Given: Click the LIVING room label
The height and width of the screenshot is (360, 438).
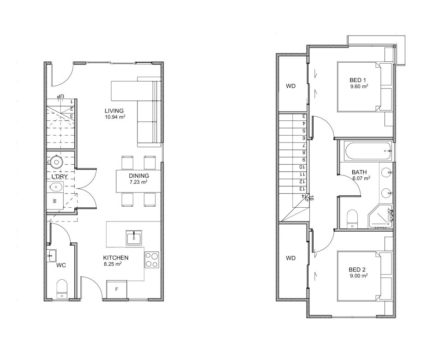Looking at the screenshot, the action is pyautogui.click(x=114, y=111).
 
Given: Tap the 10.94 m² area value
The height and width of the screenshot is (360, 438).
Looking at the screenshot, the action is pyautogui.click(x=115, y=117).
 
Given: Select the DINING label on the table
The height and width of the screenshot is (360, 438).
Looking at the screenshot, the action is pyautogui.click(x=139, y=176).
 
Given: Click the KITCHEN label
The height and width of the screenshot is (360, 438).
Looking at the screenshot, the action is pyautogui.click(x=116, y=258).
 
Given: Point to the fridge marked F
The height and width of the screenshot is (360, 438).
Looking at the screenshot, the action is pyautogui.click(x=117, y=290).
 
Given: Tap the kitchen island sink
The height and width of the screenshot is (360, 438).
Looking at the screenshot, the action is pyautogui.click(x=134, y=238).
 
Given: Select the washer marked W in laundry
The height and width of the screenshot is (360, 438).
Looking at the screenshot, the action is pyautogui.click(x=55, y=201).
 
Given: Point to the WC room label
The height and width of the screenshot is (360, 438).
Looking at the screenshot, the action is pyautogui.click(x=61, y=265).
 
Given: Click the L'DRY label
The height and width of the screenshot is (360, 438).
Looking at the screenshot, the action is pyautogui.click(x=59, y=176).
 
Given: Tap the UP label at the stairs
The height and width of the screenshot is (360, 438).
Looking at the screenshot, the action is pyautogui.click(x=60, y=96).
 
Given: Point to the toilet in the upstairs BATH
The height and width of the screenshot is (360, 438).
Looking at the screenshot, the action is pyautogui.click(x=352, y=219).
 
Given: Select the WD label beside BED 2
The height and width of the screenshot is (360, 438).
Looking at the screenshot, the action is pyautogui.click(x=290, y=258).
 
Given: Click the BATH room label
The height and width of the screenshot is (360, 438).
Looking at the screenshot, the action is pyautogui.click(x=359, y=172).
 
